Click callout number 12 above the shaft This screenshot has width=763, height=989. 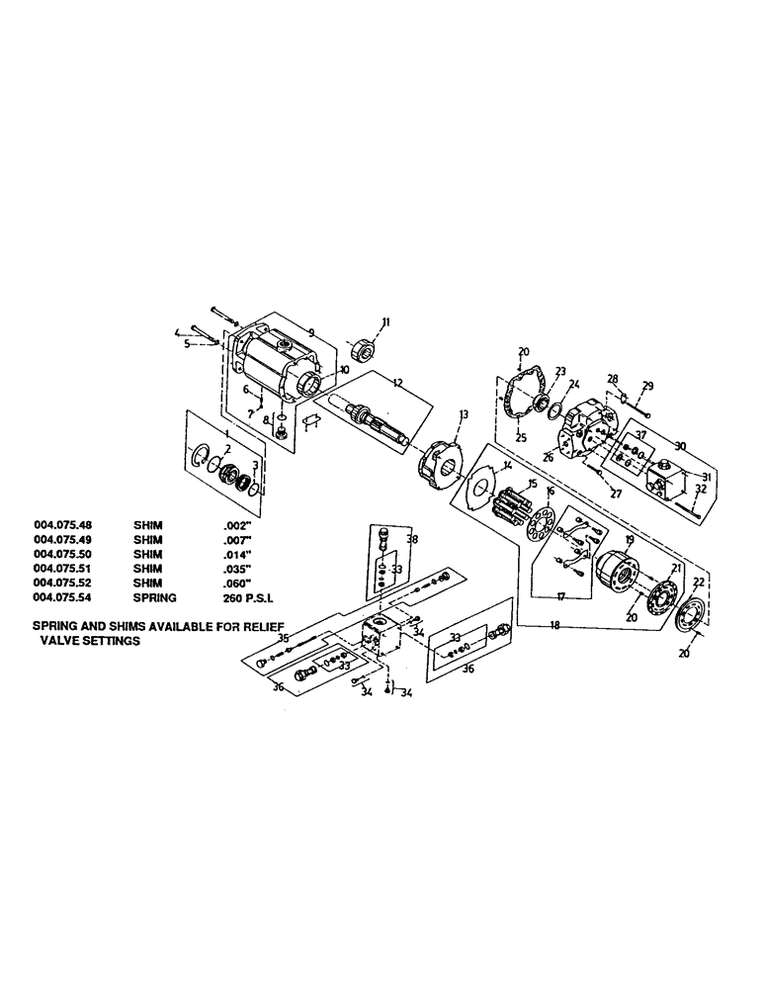[370, 383]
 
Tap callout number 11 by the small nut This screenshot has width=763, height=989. [386, 321]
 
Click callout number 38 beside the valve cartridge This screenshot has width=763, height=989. [412, 541]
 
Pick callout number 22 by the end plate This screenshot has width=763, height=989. [699, 582]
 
